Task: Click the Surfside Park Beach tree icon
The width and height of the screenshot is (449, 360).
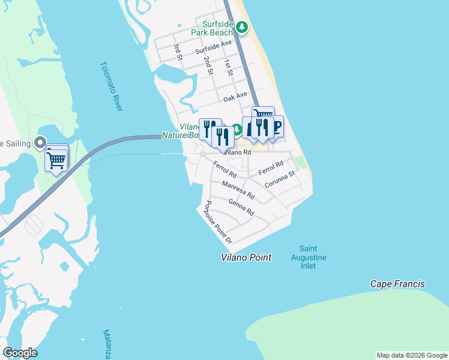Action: pos(241,27)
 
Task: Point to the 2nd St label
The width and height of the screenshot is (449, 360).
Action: pos(208,65)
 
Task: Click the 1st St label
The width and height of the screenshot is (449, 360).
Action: pos(229,67)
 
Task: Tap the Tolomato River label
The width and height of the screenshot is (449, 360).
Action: pos(112,86)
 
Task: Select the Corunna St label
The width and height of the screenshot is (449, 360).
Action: pos(280,179)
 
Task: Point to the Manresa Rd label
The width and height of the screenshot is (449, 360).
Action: pos(238,190)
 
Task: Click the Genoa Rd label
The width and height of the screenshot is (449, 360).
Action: pos(241,208)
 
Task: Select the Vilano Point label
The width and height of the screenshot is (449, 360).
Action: pos(246,257)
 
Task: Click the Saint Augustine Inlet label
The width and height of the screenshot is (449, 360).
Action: pos(313,257)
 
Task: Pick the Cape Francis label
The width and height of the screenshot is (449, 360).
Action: pos(397,284)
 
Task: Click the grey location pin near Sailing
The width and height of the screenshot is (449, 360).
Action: pos(40,143)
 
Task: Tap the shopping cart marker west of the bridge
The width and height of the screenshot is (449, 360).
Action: pos(56,160)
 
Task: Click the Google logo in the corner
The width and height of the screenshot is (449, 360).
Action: pos(20,353)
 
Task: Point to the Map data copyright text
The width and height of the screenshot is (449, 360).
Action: pos(412,355)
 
